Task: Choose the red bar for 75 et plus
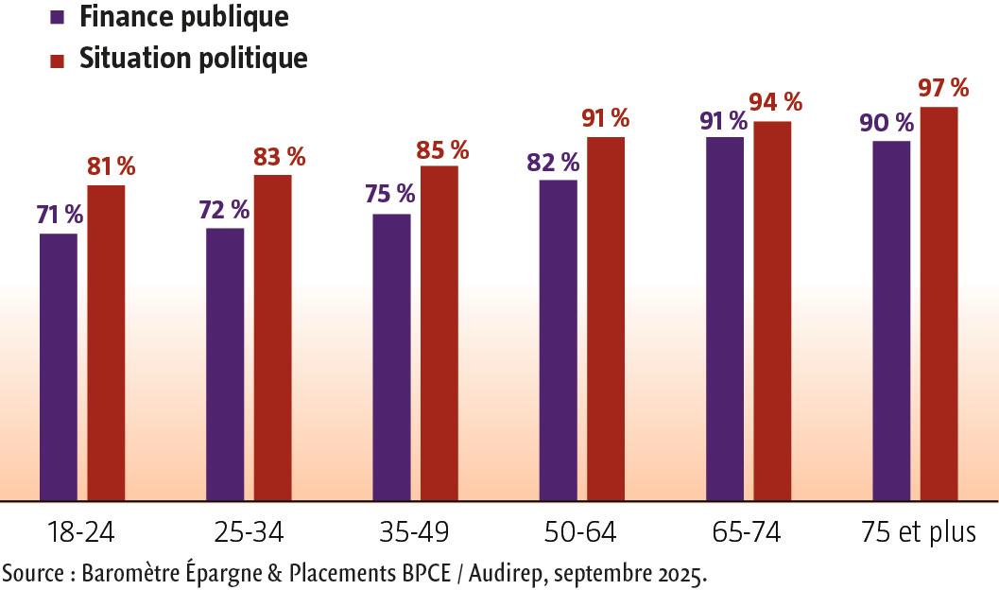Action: [939, 304]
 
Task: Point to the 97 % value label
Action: [943, 88]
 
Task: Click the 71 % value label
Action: [60, 215]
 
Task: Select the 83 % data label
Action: [279, 157]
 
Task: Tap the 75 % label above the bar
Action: [389, 194]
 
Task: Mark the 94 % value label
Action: [775, 102]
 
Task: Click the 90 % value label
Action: [887, 123]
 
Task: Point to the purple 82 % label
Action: [553, 162]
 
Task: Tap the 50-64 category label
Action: [579, 532]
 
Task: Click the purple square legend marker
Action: [57, 18]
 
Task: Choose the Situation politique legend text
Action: [193, 59]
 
